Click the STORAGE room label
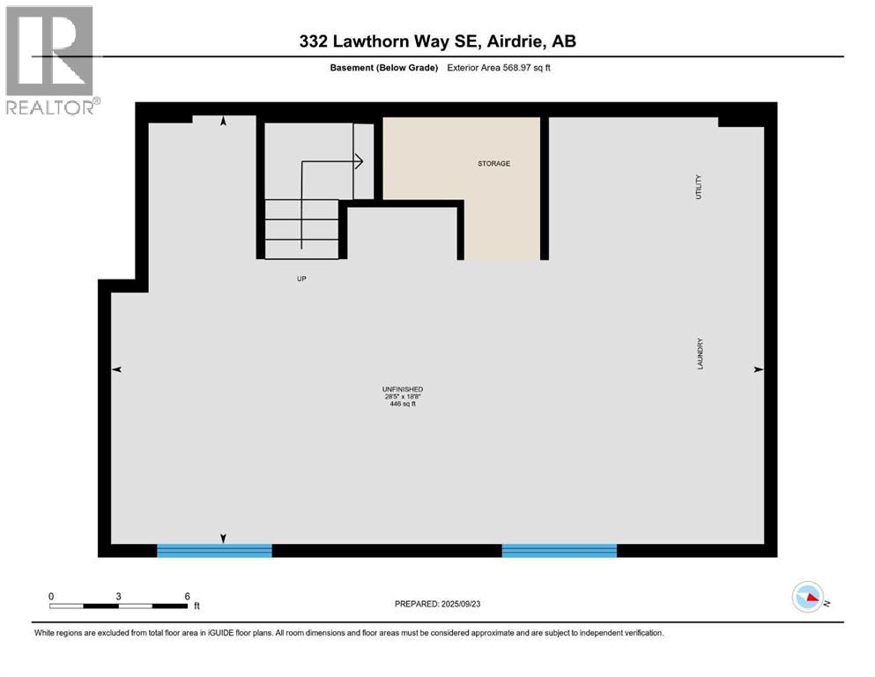(x=493, y=163)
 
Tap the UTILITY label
(x=699, y=187)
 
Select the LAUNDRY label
(x=700, y=353)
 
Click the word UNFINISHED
(x=403, y=389)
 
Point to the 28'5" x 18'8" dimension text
(x=403, y=397)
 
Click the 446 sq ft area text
(x=403, y=405)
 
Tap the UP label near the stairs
(x=301, y=279)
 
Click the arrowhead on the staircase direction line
(x=360, y=161)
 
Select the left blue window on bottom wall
(x=214, y=550)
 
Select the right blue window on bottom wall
(x=559, y=550)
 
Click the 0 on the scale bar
(x=52, y=595)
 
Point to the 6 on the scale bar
(x=187, y=595)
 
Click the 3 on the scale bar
(x=118, y=595)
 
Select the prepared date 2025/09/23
(x=469, y=604)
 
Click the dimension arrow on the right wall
(x=758, y=370)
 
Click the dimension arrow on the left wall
(x=116, y=370)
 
